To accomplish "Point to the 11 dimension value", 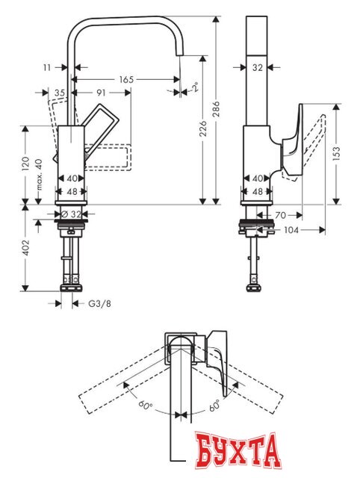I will [x=48, y=67].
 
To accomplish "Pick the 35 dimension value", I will [x=60, y=92].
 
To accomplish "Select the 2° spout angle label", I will [x=195, y=87].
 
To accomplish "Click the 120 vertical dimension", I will [x=25, y=164].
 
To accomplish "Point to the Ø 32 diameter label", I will [x=72, y=214].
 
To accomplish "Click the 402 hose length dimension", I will [x=25, y=247].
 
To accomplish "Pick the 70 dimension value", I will [x=279, y=216].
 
